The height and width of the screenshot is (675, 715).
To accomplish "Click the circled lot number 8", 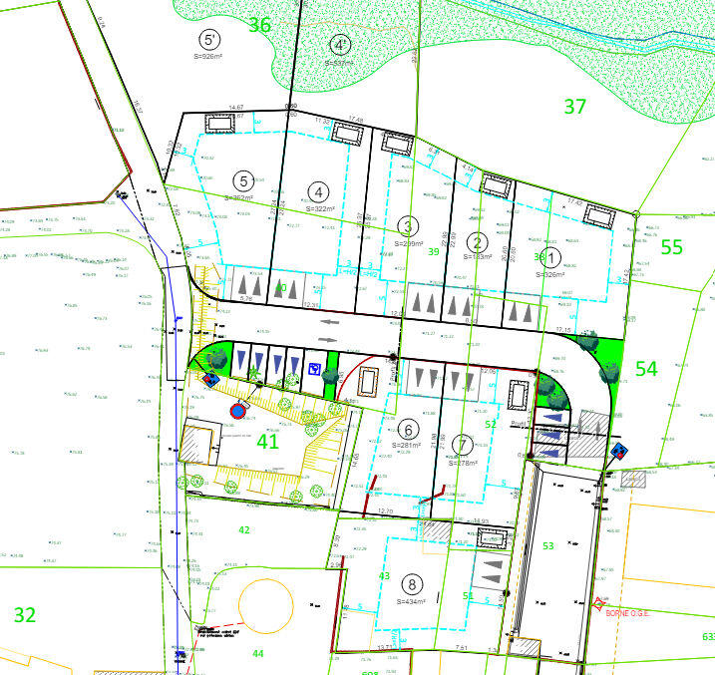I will pos(410,584).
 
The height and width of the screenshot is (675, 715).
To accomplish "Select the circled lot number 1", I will pos(554,257).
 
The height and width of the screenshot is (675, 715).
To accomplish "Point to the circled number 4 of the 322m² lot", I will pos(318,192).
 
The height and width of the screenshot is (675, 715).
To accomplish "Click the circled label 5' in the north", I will pos(209,40).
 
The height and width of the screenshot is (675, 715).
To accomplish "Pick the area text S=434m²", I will pos(410,602).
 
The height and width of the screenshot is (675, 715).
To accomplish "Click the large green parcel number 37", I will pos(574,106).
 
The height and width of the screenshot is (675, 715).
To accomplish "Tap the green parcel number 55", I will pos(672,247).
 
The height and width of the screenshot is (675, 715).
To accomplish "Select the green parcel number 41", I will pos(268,441).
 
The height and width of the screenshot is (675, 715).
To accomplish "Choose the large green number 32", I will pos(25,615).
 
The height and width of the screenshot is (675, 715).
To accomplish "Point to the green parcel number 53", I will pos(546,546).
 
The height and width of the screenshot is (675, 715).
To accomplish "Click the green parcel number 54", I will pos(646,369).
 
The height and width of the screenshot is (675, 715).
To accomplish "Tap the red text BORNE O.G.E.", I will pos(627,613).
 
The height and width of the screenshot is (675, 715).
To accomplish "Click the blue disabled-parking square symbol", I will pos(314,369).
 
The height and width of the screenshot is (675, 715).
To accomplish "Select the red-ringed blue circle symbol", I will pos(238,409).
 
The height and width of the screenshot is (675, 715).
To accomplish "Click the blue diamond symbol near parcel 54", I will pos(619,451).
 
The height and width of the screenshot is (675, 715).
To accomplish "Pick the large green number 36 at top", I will pos(259,25).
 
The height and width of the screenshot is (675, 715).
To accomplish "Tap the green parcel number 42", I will pos(244,529).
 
